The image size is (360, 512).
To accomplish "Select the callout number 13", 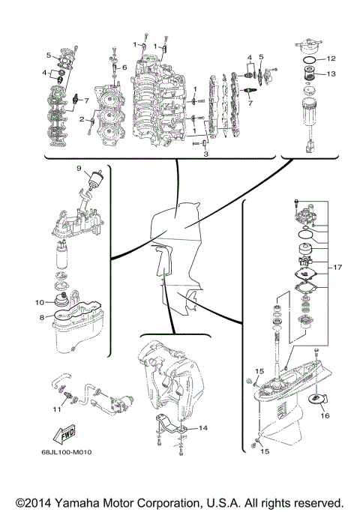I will [x=331, y=73].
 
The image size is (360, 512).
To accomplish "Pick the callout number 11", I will [x=56, y=409].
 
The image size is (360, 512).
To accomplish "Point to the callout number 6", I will [x=124, y=67].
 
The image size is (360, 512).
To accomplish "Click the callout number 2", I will [x=81, y=119].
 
